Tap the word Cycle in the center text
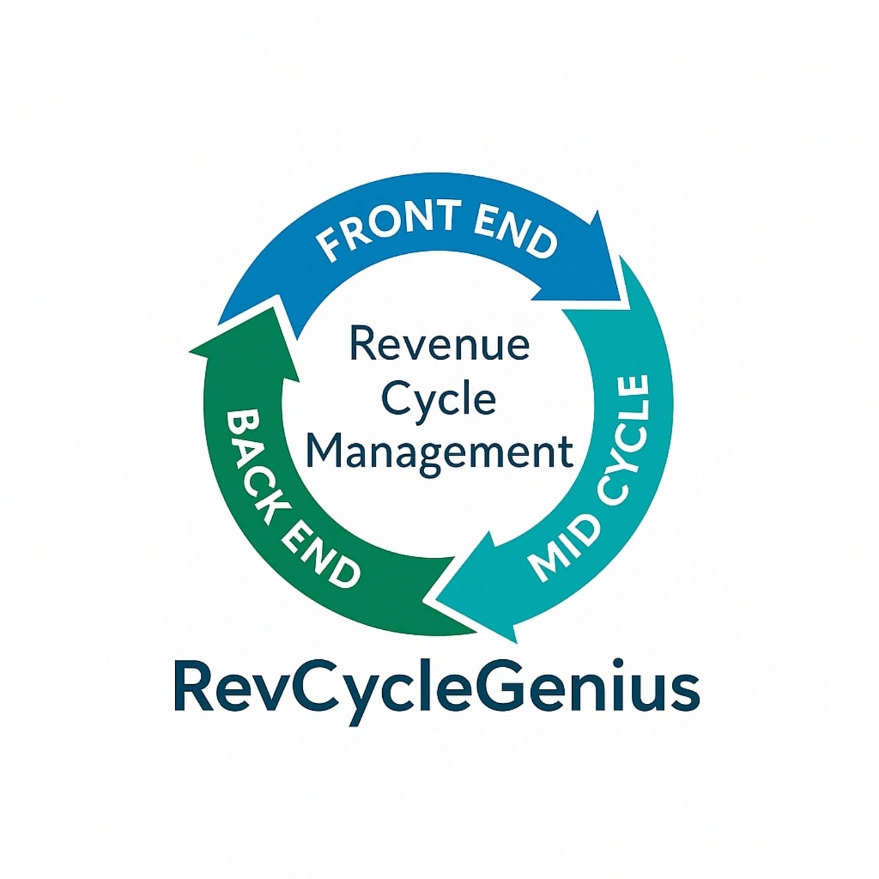click(x=438, y=400)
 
